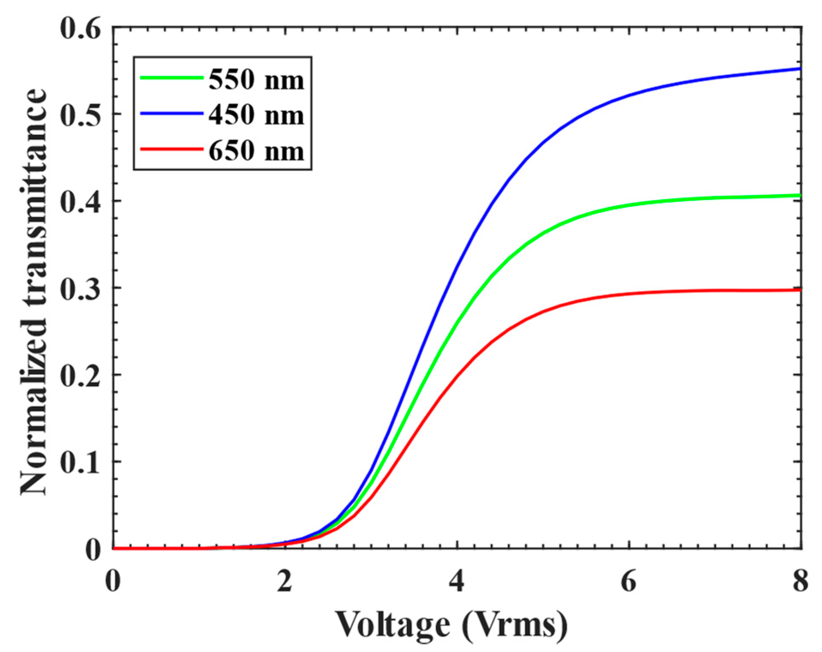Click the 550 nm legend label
click(x=256, y=80)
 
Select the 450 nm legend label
click(x=256, y=115)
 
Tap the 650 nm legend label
click(x=256, y=151)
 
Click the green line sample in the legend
click(x=171, y=78)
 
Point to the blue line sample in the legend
click(x=171, y=114)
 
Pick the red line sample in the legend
click(x=171, y=149)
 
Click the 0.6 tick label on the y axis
click(x=80, y=29)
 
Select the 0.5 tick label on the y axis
click(x=80, y=116)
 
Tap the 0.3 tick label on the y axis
click(x=80, y=290)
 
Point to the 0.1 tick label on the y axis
click(x=80, y=463)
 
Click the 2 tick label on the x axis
click(x=285, y=582)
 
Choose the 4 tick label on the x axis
click(x=457, y=582)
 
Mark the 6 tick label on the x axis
click(x=629, y=582)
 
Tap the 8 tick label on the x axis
click(x=800, y=582)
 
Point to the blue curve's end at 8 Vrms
click(x=799, y=69)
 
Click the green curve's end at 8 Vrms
click(x=799, y=196)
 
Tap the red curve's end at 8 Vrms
click(x=799, y=290)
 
